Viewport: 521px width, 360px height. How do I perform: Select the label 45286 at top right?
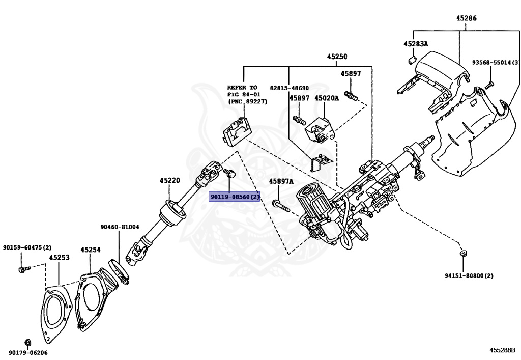click(x=466, y=18)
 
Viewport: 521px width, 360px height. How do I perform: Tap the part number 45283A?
click(x=416, y=44)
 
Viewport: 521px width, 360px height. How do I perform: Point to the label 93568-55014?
click(x=492, y=62)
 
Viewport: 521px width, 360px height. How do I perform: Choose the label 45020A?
click(x=326, y=98)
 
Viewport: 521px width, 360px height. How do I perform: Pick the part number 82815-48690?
click(x=289, y=88)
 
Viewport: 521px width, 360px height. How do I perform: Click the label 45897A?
click(x=281, y=181)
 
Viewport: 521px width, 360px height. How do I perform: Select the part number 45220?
click(x=169, y=180)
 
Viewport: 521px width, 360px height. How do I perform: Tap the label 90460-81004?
click(x=120, y=227)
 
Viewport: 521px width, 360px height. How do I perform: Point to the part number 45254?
click(x=90, y=250)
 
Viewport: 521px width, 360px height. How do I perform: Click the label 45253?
click(x=59, y=258)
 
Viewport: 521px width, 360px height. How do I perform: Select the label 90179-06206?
click(x=27, y=352)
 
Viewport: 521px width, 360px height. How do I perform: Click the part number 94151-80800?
click(x=469, y=275)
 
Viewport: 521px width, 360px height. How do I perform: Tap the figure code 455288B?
click(x=502, y=350)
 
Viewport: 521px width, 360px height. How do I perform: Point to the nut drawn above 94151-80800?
click(x=463, y=253)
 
